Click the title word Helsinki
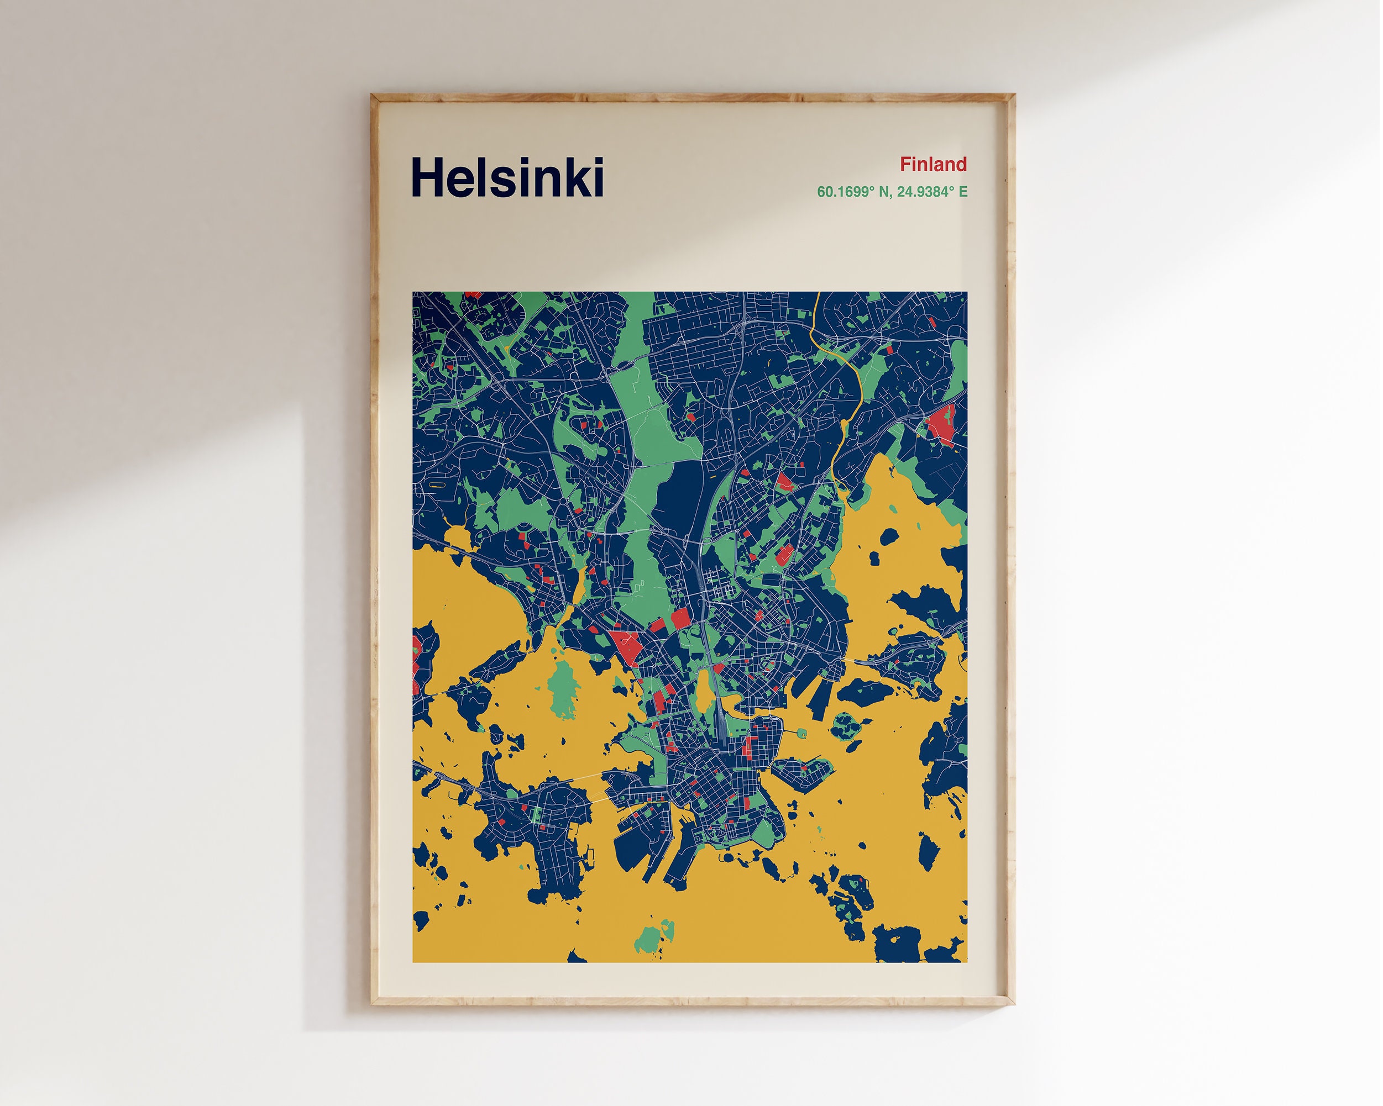(x=507, y=177)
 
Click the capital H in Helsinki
(x=428, y=177)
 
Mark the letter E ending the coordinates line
(x=963, y=192)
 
